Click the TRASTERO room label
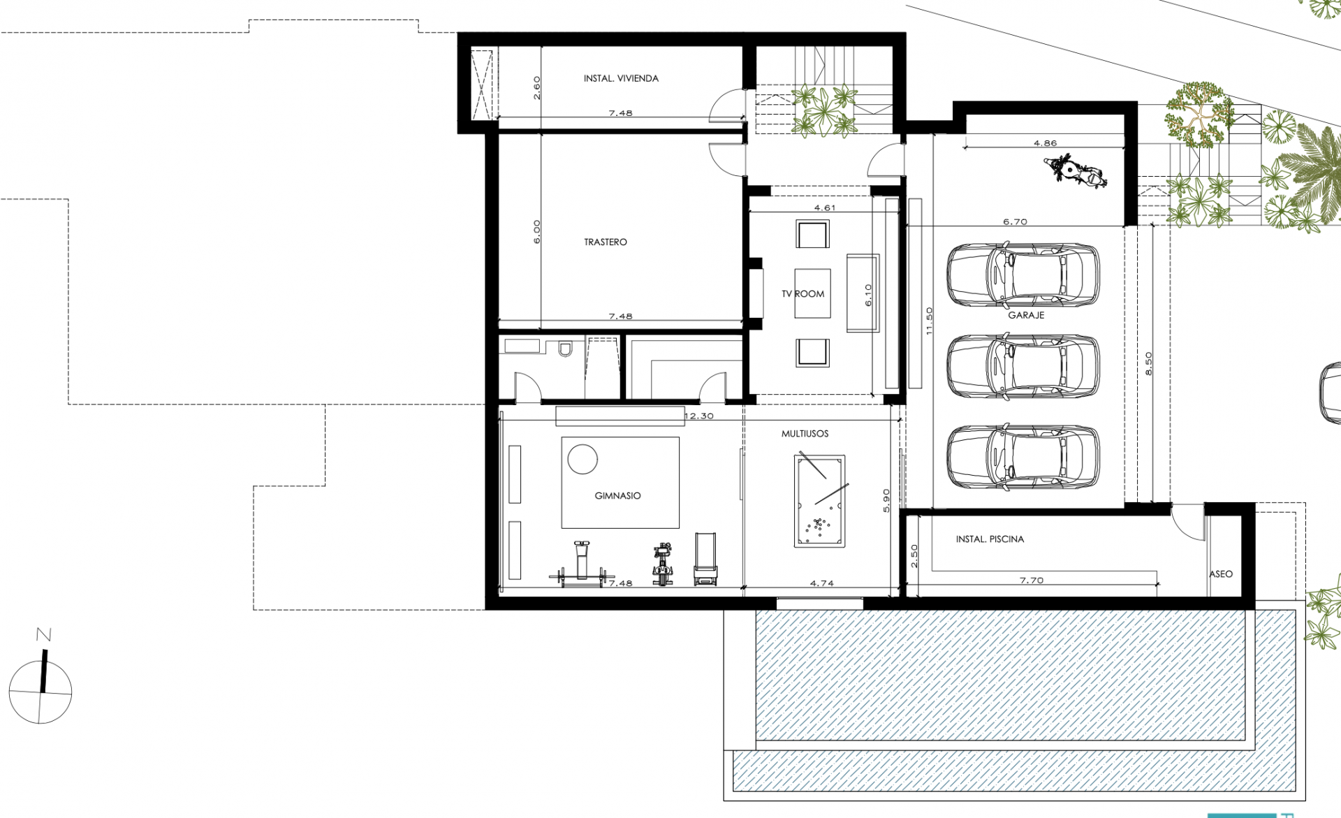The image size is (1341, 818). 606,242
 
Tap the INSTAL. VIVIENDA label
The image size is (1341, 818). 621,78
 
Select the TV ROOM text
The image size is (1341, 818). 803,294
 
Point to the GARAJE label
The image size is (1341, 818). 1026,316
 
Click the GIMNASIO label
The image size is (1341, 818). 617,496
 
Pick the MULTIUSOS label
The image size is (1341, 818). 805,434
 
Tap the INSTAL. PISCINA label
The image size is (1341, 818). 990,539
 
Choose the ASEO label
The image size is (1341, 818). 1221,574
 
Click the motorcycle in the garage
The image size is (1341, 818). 1076,172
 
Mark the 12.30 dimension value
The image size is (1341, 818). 699,416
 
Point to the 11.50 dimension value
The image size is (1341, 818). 929,321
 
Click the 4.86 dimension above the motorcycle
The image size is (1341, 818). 1046,143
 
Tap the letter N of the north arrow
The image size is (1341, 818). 44,634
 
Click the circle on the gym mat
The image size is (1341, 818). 582,460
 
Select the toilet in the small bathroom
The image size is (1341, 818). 565,348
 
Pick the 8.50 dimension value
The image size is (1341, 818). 1149,364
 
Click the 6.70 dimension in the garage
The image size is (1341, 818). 1015,222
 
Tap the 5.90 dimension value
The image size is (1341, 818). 886,501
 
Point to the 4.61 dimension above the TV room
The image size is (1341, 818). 825,208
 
